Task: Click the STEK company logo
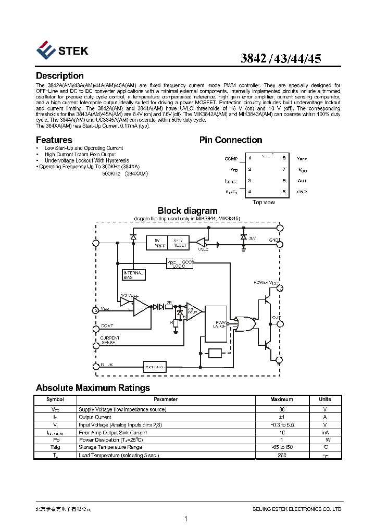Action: coord(62,51)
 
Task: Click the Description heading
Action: coord(59,76)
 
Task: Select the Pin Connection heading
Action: coord(231,140)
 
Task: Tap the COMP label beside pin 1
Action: coord(231,159)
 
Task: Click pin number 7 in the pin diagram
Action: coord(284,169)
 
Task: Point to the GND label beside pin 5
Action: coord(302,192)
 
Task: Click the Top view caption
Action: coord(264,202)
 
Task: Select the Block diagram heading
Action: coord(187,211)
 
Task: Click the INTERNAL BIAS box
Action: coord(133,275)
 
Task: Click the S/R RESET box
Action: coord(180,243)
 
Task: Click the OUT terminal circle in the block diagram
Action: coord(280,323)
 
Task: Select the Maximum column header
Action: coord(281,399)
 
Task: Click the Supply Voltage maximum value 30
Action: coord(281,409)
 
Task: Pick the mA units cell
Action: coord(324,432)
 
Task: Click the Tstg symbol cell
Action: coord(55,447)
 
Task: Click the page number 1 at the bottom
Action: coord(186,519)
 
